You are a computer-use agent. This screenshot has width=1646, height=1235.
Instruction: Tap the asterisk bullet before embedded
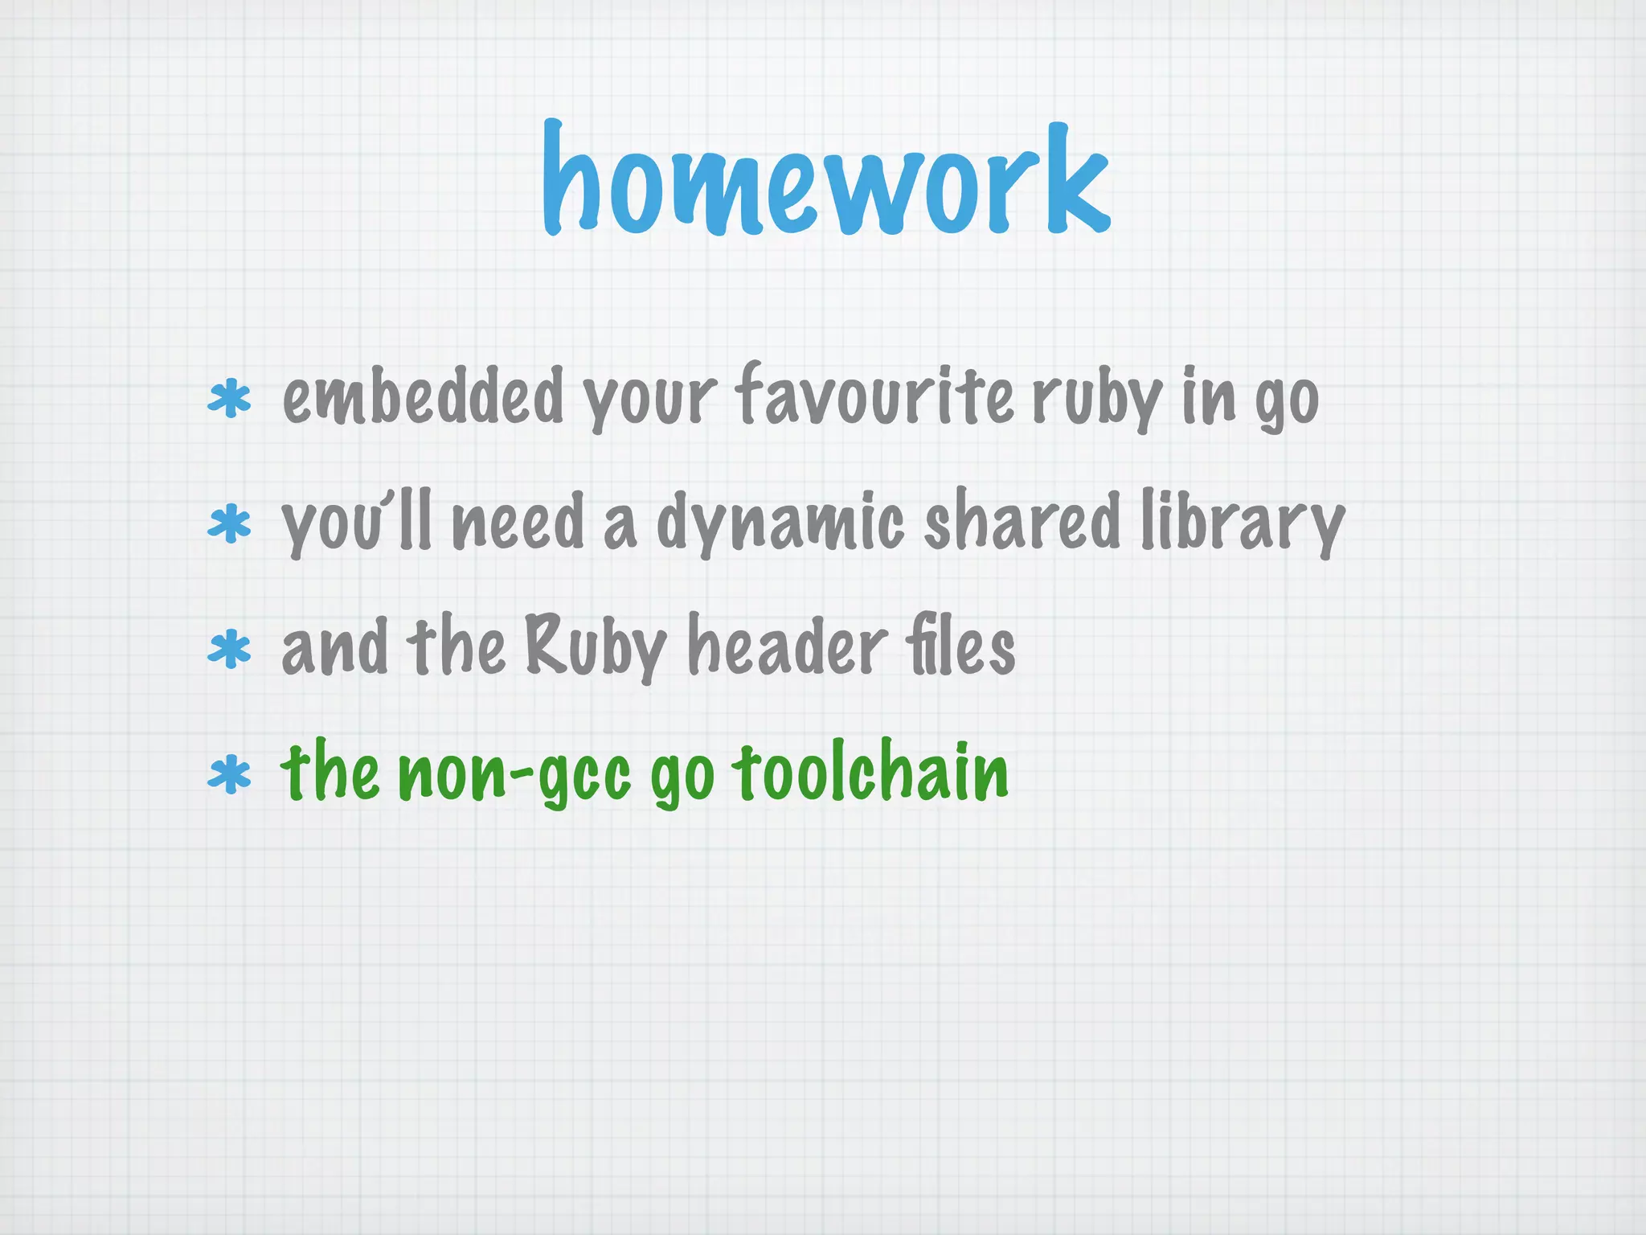point(230,400)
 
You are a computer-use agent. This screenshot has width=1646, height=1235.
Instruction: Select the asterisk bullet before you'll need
point(230,524)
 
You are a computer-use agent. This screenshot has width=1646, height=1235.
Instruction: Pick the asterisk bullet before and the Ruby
point(230,650)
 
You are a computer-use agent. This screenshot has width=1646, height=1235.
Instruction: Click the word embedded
point(423,396)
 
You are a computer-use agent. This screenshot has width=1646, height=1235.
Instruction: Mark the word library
point(1243,523)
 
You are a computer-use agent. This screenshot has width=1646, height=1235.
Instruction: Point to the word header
point(788,646)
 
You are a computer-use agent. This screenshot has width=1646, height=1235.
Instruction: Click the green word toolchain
point(870,772)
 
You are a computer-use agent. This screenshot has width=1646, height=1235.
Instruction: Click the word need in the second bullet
point(518,523)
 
